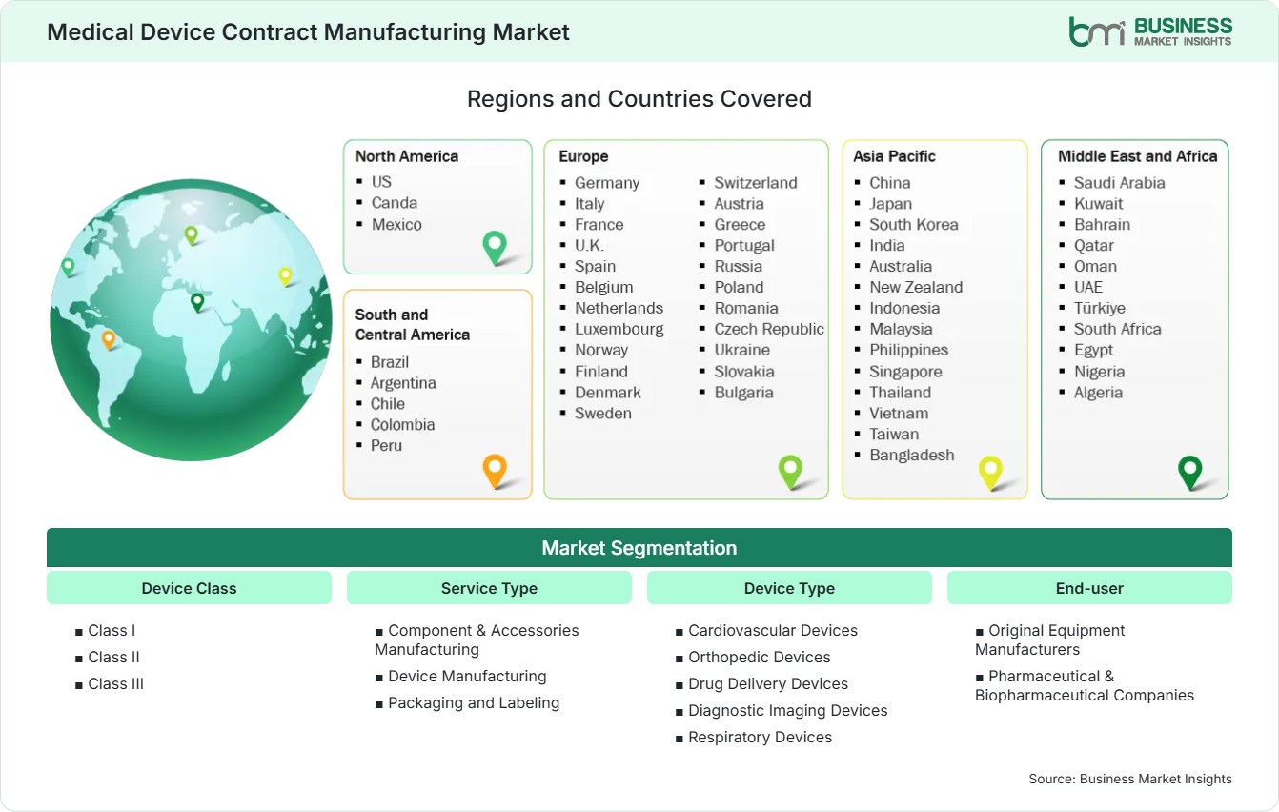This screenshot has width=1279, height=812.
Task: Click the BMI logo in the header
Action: point(1150,31)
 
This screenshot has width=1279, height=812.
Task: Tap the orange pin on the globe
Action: point(109,339)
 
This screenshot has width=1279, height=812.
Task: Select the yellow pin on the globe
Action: point(285,276)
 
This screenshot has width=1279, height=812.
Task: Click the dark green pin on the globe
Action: point(197,302)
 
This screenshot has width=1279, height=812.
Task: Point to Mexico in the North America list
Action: point(396,224)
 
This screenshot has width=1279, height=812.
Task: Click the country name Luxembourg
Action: point(619,329)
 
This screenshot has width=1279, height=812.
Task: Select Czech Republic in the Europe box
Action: point(769,329)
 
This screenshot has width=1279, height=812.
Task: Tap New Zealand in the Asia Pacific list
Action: point(916,287)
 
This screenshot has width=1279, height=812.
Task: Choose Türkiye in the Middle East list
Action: point(1100,308)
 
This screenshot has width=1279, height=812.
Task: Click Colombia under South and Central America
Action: point(402,425)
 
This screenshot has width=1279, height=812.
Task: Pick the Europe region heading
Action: point(583,156)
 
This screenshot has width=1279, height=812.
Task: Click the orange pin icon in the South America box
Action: point(495,471)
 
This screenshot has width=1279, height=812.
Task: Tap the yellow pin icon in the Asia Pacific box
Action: point(990,473)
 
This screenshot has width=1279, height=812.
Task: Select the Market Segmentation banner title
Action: point(639,548)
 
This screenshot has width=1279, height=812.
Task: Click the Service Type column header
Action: point(489,588)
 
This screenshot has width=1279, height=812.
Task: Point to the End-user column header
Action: point(1089,588)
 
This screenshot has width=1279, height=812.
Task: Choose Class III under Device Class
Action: point(115,684)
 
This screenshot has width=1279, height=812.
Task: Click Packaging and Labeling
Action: point(474,703)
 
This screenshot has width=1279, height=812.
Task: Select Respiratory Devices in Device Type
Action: point(760,738)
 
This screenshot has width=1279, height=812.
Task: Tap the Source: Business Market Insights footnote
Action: point(1130,779)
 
